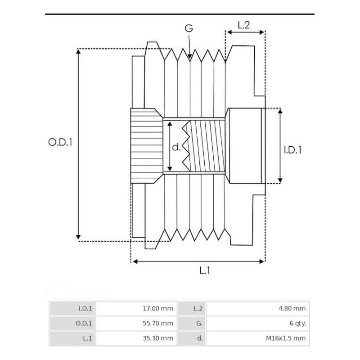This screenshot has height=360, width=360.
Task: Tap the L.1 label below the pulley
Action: coord(205,270)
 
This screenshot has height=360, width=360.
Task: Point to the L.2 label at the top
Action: coord(243,25)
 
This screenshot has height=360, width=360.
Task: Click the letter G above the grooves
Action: coord(189,28)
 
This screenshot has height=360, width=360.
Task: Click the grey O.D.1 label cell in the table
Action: coord(72,323)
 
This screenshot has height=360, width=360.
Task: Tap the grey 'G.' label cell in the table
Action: coord(192,323)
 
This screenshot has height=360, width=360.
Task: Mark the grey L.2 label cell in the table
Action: coord(192,309)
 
